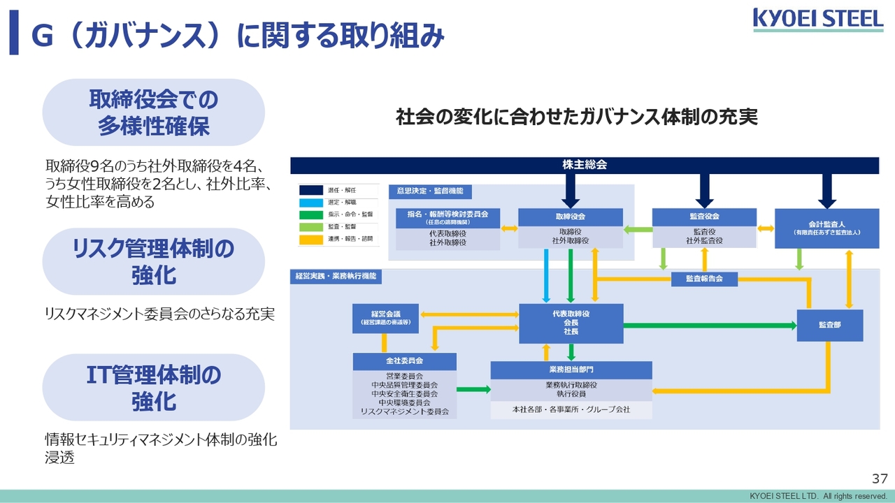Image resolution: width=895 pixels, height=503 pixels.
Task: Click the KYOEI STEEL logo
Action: pyautogui.click(x=818, y=19)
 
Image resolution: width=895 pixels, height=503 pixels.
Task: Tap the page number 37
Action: pyautogui.click(x=879, y=479)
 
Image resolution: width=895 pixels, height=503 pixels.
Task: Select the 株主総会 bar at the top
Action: pyautogui.click(x=584, y=166)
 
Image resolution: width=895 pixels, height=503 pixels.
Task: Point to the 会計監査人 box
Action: pyautogui.click(x=826, y=228)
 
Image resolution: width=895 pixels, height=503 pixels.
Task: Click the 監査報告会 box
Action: pyautogui.click(x=704, y=279)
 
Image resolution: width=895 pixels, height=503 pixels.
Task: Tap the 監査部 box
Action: pyautogui.click(x=829, y=326)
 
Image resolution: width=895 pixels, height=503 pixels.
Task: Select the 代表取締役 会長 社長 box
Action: pyautogui.click(x=571, y=323)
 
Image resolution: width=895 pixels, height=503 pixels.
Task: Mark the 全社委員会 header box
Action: pyautogui.click(x=404, y=361)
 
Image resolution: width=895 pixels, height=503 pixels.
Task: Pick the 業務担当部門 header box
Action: pyautogui.click(x=571, y=370)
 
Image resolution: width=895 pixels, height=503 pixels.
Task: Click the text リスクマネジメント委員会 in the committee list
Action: pyautogui.click(x=404, y=412)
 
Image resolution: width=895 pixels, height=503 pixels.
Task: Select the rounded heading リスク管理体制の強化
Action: pyautogui.click(x=153, y=261)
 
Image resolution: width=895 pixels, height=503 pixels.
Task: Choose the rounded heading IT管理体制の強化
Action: pyautogui.click(x=153, y=388)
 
